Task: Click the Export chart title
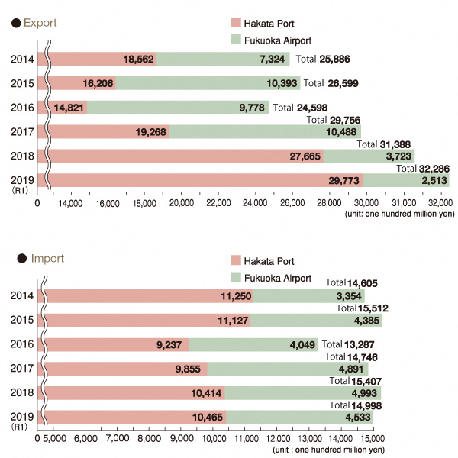tap(39, 24)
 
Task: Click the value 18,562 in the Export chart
tap(138, 59)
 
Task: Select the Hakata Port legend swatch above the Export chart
tap(235, 24)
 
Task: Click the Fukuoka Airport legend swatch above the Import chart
tap(235, 278)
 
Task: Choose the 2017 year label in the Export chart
tap(22, 131)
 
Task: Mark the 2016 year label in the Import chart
tap(22, 344)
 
